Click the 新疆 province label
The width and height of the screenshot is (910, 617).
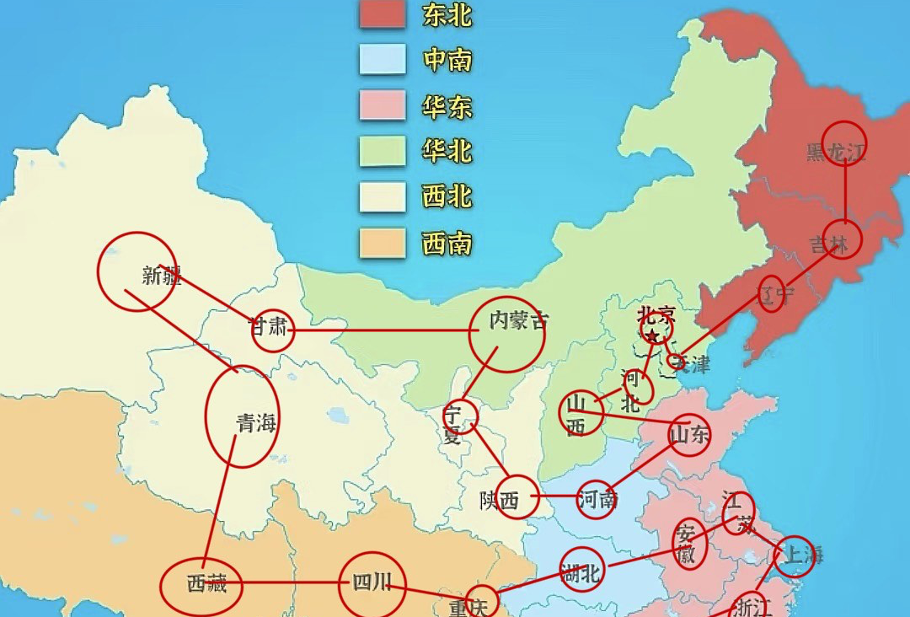point(161,275)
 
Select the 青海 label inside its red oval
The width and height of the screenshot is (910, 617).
point(256,423)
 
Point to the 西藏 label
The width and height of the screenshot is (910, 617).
point(206,583)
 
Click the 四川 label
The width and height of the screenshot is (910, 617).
point(372,582)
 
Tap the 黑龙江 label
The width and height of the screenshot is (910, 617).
point(836,153)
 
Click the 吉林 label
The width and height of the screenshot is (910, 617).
point(830,244)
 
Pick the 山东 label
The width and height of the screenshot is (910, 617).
point(689,435)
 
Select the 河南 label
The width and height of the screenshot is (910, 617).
point(598,499)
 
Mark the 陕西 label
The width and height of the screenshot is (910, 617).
point(500,501)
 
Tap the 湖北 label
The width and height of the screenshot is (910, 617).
point(581,573)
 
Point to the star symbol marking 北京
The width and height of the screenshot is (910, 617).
point(651,336)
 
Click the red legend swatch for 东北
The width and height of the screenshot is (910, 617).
point(383,15)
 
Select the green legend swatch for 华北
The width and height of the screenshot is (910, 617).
point(383,152)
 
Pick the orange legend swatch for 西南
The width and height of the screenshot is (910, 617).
point(383,244)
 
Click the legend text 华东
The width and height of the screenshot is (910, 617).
point(447,107)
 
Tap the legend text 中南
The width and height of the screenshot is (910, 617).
point(447,61)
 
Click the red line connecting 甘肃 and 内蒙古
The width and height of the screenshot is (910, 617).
point(379,330)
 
